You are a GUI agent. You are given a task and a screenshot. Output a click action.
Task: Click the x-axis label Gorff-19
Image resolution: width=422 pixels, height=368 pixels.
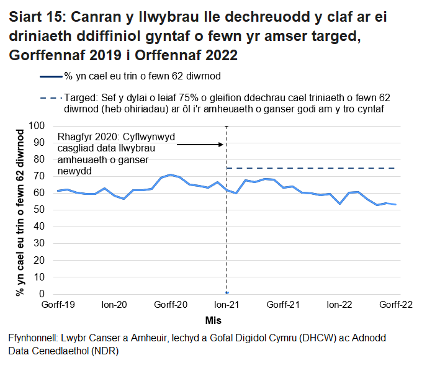click(x=57, y=305)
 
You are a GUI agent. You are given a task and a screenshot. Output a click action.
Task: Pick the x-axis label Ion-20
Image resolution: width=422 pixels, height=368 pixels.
click(x=114, y=305)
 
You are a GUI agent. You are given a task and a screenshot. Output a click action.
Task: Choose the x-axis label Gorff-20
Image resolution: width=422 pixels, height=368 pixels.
click(x=171, y=305)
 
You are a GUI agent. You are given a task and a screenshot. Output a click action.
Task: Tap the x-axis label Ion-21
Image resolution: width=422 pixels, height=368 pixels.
click(x=227, y=305)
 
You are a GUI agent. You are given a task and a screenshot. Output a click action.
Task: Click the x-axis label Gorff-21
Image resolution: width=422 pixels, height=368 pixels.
click(x=284, y=305)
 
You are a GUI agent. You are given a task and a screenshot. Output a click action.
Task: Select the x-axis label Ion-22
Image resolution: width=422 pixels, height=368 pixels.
click(x=340, y=305)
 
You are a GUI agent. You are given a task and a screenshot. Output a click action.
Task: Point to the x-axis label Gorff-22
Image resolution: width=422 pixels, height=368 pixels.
click(x=396, y=305)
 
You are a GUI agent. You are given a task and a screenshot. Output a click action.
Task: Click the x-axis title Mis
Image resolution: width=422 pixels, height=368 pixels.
click(x=214, y=320)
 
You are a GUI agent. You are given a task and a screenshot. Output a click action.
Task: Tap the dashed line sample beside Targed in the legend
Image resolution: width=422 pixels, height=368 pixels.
click(x=50, y=98)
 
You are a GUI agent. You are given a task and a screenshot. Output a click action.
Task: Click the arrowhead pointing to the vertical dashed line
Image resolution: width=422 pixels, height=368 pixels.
click(x=220, y=145)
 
